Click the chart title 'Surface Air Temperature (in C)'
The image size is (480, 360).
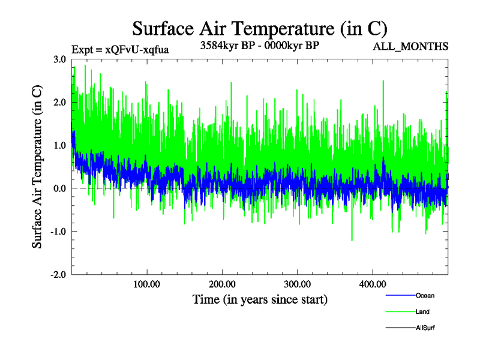(x=259, y=28)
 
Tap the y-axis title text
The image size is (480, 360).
(x=37, y=167)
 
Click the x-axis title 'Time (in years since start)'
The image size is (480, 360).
(x=260, y=299)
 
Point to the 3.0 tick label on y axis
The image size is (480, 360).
(x=59, y=59)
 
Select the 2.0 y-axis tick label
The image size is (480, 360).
(x=59, y=103)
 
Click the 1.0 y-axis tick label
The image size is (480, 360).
(x=59, y=146)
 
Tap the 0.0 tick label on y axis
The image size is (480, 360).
(x=59, y=188)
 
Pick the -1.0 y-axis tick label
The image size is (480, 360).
(x=58, y=232)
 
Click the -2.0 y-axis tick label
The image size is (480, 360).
(x=58, y=275)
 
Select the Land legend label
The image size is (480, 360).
(x=422, y=311)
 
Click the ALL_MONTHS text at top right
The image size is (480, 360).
(x=411, y=47)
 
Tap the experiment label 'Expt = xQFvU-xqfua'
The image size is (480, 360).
(x=120, y=50)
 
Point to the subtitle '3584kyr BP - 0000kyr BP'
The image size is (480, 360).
(x=259, y=45)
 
